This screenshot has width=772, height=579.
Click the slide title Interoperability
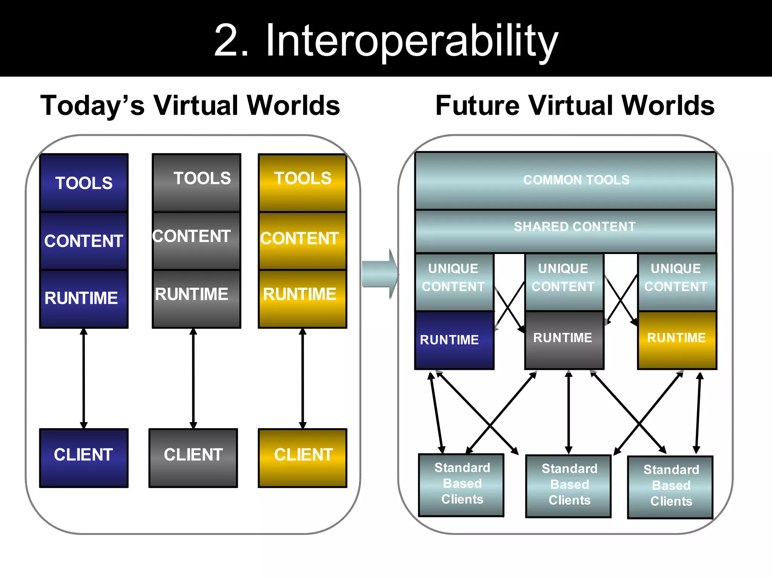point(386,41)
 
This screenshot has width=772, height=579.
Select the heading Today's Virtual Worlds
point(190,106)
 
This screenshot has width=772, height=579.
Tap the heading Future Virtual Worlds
point(574,106)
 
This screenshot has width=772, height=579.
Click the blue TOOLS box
point(84,183)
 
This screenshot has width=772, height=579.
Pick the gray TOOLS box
point(196,183)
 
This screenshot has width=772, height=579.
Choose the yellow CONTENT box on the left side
point(302,240)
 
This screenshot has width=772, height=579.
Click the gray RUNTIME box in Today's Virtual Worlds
point(196,299)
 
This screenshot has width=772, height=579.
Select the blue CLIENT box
point(84,458)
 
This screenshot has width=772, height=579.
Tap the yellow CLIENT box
point(302,458)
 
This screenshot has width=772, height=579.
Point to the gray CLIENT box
point(193,458)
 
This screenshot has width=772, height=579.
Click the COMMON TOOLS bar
point(565,181)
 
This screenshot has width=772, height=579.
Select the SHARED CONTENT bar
point(565,231)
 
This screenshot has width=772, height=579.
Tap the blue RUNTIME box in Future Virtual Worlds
point(454,340)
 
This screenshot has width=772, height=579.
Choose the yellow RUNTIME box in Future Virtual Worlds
point(677,340)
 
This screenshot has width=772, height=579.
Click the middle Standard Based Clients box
point(568,486)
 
